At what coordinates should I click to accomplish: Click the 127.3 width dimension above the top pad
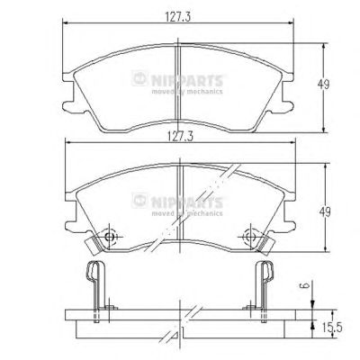pos(178,16)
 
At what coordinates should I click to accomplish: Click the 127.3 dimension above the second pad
pos(179,137)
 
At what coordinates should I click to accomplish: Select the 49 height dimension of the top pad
pos(323,85)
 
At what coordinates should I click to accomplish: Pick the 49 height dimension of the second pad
pos(325,212)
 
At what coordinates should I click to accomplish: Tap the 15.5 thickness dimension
pos(332,328)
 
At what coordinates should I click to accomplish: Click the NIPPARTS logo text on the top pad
pos(186,81)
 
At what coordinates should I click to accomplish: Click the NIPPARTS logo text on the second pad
pos(186,202)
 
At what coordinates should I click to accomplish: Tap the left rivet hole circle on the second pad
pos(109,237)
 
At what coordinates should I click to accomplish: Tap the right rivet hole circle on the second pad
pos(250,237)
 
